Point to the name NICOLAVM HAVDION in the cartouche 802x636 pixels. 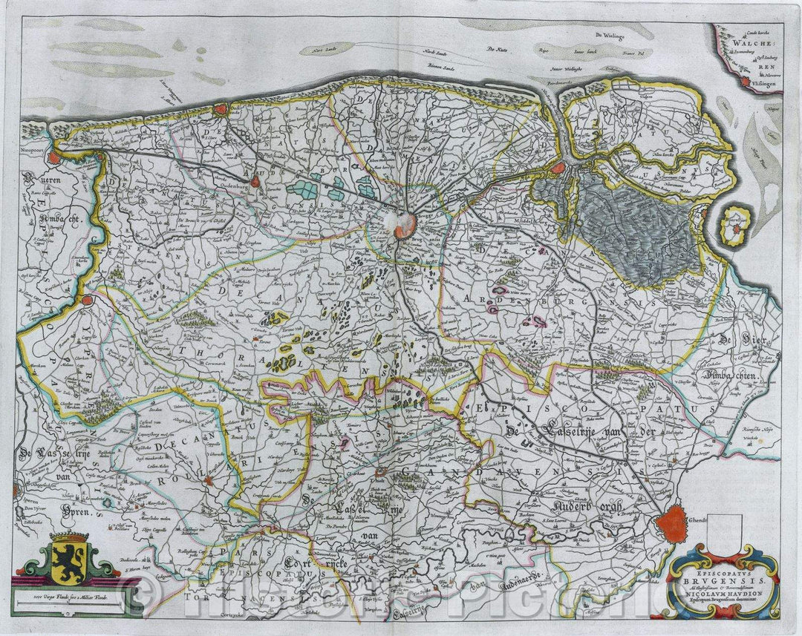(x=722, y=591)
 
